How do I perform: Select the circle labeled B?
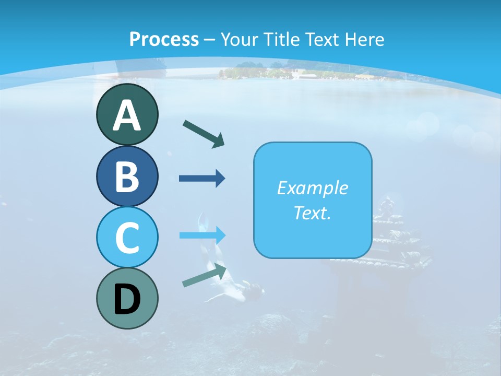[127, 176]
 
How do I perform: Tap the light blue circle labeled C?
[127, 237]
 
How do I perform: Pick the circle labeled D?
[127, 298]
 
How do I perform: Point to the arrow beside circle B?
[202, 179]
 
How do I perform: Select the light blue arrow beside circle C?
[202, 235]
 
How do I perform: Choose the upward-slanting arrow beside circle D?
[205, 276]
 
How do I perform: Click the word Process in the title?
[164, 39]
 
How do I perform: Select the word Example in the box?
[312, 188]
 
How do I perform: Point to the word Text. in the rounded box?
[312, 213]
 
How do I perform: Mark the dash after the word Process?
[210, 40]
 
